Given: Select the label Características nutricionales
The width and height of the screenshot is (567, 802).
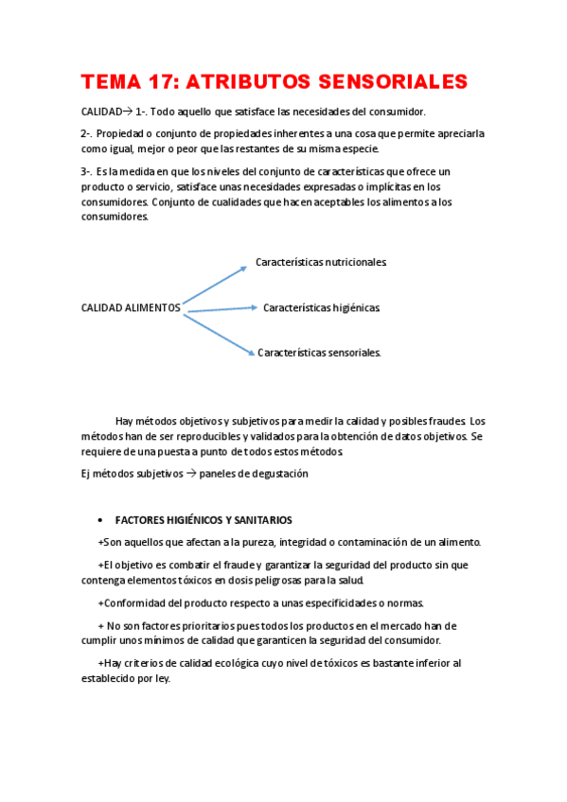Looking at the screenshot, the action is click(x=321, y=262).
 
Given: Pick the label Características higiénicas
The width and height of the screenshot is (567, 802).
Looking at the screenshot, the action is click(x=321, y=307).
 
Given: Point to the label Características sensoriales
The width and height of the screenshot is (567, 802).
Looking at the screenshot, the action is click(x=319, y=353).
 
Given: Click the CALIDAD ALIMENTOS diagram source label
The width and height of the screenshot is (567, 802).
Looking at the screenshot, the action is click(x=131, y=307).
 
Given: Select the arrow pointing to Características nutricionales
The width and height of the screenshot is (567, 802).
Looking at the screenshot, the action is click(x=215, y=287).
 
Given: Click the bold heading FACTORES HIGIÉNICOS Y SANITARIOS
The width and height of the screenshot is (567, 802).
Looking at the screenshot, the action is click(x=204, y=520).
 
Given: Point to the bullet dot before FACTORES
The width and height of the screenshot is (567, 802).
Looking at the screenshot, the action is click(x=100, y=521).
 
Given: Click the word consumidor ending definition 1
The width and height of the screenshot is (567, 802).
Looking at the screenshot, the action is click(x=398, y=112).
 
